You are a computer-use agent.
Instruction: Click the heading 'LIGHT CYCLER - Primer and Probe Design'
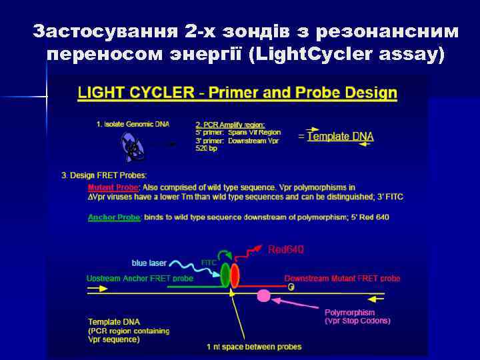pos(237,93)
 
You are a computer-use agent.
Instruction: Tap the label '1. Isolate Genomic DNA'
pos(133,124)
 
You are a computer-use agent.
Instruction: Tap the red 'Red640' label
pos(286,249)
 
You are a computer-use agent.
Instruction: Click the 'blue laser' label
pos(149,263)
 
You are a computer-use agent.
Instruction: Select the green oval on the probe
pos(225,275)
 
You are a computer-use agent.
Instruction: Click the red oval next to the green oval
pos(235,276)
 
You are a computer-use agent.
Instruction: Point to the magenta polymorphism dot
pos(264,295)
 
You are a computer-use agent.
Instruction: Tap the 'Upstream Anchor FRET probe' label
pos(140,278)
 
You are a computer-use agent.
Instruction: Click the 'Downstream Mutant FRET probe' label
pos(342,278)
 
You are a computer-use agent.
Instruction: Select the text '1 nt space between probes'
pos(253,347)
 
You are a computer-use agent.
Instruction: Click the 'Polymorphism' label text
pos(349,312)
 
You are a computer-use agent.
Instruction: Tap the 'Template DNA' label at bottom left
pos(114,322)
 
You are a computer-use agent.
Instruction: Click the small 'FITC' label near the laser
pos(209,263)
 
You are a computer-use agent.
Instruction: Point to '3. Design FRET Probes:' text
pos(104,175)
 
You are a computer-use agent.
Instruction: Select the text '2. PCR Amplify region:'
pos(230,125)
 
